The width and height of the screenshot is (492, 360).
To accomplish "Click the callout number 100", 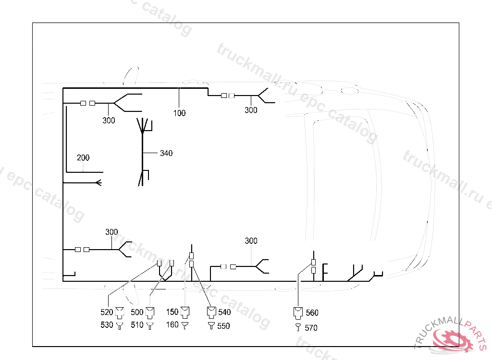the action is pos(180,113).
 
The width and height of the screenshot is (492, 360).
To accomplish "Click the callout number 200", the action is pos(83,157).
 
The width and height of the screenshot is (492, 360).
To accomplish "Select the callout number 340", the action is pos(166,153).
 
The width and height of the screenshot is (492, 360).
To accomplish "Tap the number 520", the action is pos(107,312).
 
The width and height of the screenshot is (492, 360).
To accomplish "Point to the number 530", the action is pos(107,325).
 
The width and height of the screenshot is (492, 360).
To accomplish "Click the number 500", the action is pos(137,312).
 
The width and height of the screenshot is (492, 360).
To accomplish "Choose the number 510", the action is pos(137,325).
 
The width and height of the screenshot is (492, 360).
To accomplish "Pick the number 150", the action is pos(172,312).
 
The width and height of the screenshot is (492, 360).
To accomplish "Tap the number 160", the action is pos(172,324).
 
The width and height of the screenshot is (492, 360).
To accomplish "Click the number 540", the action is pos(224,312).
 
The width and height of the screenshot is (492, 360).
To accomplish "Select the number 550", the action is pos(223,326).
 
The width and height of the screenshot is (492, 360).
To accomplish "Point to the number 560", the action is pos(312,313).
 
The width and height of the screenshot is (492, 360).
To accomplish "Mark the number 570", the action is pos(311,328).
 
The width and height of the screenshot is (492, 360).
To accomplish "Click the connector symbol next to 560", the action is pos(298,312).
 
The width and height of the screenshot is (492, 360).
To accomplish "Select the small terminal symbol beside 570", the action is pos(298,327).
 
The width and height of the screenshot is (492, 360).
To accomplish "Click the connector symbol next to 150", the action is pos(185,312).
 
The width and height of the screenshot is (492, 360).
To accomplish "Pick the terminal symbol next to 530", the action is pos(119,325).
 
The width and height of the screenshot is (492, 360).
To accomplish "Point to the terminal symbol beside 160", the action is pos(184,324).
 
